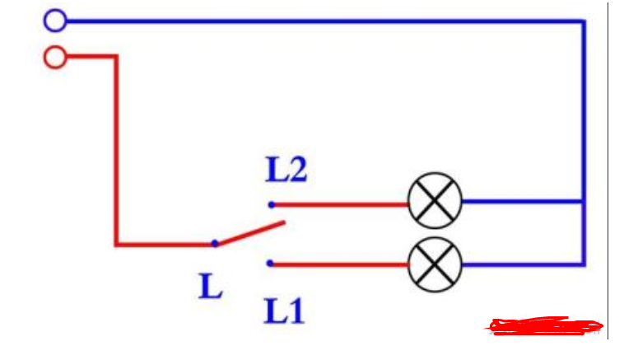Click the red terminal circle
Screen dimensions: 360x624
pos(55,57)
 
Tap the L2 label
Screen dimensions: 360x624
pos(286,171)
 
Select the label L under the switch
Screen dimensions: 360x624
pos(211,285)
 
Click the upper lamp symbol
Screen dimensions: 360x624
pos(435,201)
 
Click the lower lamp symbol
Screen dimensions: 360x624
pos(435,264)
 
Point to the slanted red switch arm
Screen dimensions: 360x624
pos(250,233)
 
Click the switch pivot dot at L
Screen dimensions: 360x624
pos(215,244)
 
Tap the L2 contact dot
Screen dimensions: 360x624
pos(271,204)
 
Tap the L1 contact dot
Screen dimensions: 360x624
pos(271,264)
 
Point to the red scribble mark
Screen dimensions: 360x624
pos(544,326)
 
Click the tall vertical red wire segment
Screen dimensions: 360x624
pos(116,148)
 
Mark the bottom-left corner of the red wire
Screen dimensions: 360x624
pos(116,244)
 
